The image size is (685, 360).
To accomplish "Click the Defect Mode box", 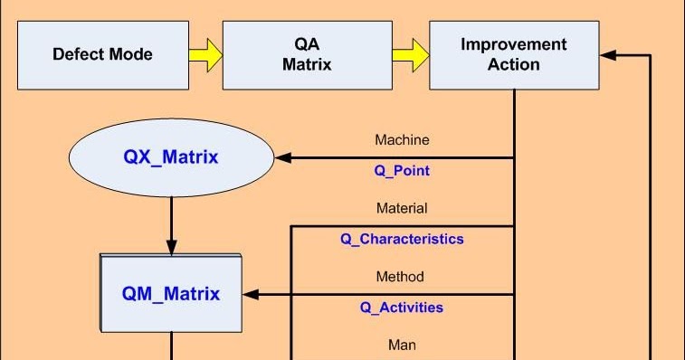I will pos(102,54).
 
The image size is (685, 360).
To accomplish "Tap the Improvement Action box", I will pos(513,54).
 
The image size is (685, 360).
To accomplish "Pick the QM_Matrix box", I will pos(170,293).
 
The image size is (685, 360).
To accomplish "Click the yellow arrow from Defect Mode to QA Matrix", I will pos(205,54).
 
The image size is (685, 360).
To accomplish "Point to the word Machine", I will pos(402,140).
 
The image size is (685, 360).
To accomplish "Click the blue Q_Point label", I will pos(402,170).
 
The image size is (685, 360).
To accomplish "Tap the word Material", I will pos(402,208).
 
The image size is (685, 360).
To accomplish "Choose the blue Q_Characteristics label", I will pos(402,239).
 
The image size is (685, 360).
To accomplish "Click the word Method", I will pos(400,276).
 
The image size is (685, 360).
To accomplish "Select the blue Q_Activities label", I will pos(402,307).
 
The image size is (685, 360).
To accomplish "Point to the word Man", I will pos(402,345).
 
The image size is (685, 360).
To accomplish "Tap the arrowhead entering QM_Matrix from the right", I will pos(252,294).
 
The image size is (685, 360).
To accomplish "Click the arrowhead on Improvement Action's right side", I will pos(608,55).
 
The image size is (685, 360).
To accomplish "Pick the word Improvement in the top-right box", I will pos(513,44).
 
